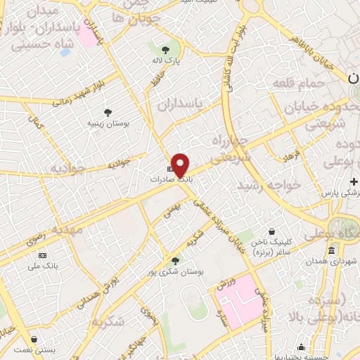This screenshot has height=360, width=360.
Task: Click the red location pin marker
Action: click(x=181, y=165)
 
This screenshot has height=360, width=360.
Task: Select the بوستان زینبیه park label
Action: click(x=106, y=123)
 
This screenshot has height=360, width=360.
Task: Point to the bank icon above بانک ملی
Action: click(x=43, y=255)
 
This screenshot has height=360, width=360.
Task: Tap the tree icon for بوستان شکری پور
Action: click(x=176, y=260)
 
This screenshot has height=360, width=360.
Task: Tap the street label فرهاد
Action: click(x=292, y=153)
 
